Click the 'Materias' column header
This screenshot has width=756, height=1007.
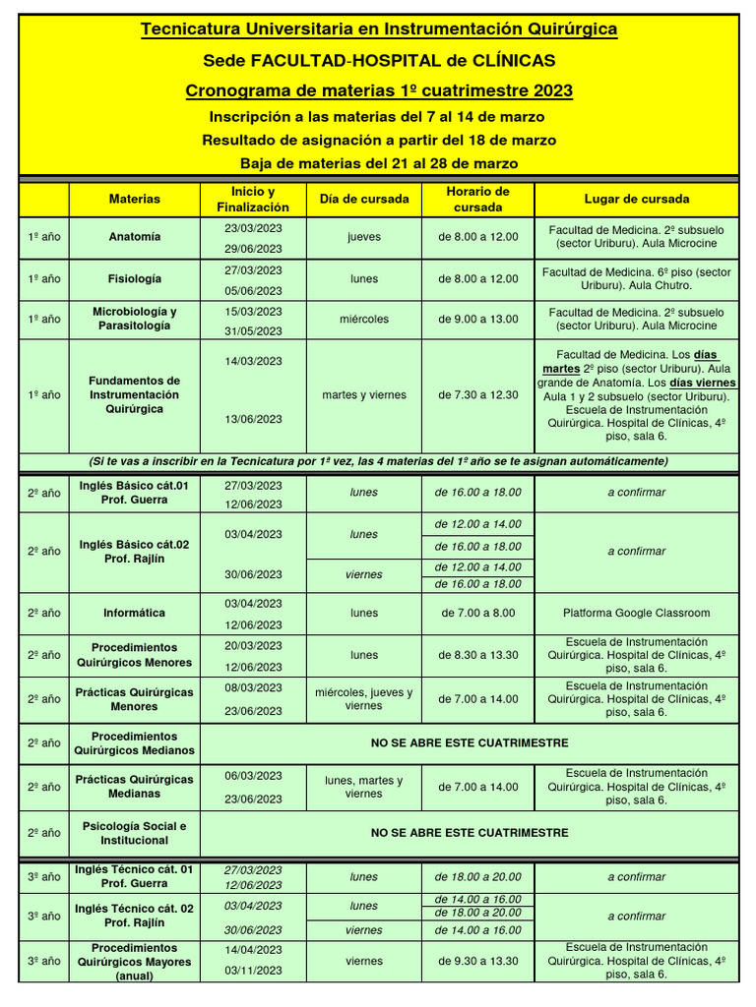pyautogui.click(x=135, y=199)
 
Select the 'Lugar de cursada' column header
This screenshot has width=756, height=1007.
pyautogui.click(x=636, y=199)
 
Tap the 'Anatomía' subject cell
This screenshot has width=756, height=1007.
pyautogui.click(x=135, y=237)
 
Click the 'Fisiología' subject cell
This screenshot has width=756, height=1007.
pyautogui.click(x=135, y=278)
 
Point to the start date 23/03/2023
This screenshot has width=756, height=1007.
pyautogui.click(x=253, y=227)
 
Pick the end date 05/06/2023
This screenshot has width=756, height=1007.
pyautogui.click(x=253, y=290)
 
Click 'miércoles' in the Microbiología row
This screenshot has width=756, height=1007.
pyautogui.click(x=363, y=319)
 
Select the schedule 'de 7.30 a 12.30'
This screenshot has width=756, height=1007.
pyautogui.click(x=477, y=395)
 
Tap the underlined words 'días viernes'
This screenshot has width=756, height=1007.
pyautogui.click(x=703, y=383)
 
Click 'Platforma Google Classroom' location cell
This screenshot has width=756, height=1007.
pyautogui.click(x=636, y=613)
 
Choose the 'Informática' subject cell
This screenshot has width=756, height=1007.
pyautogui.click(x=135, y=613)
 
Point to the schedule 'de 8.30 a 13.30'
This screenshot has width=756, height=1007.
pyautogui.click(x=477, y=654)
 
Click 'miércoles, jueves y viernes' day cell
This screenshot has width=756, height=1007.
pyautogui.click(x=363, y=699)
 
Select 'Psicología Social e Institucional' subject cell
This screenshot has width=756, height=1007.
pyautogui.click(x=135, y=833)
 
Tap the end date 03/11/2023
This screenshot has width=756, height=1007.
pyautogui.click(x=253, y=970)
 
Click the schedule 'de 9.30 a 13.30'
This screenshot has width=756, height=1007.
pyautogui.click(x=477, y=961)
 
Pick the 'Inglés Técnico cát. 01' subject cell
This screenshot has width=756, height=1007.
pyautogui.click(x=135, y=876)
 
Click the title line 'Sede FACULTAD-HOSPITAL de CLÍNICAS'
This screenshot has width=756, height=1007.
pyautogui.click(x=379, y=61)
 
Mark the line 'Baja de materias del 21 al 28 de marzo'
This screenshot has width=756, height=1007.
pyautogui.click(x=379, y=163)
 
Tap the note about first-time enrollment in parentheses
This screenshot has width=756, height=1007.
pyautogui.click(x=379, y=461)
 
